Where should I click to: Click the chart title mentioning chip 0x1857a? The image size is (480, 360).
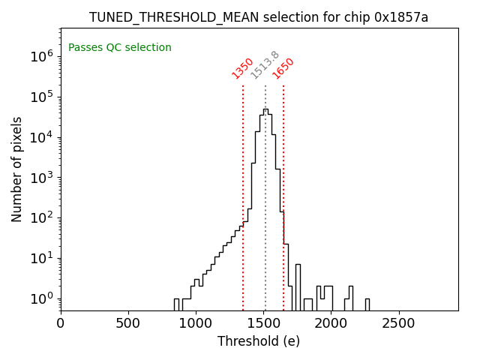click(x=259, y=17)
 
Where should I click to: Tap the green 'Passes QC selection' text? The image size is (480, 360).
click(x=120, y=48)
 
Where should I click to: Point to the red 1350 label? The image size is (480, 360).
click(x=242, y=68)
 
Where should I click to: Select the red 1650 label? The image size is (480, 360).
click(x=283, y=68)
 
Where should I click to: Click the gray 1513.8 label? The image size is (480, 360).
click(x=265, y=65)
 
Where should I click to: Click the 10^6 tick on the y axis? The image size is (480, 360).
click(x=39, y=56)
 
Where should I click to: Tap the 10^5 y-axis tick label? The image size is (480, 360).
click(x=39, y=97)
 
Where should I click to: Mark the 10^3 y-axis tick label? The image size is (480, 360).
click(x=39, y=178)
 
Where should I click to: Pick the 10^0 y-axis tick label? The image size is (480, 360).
click(x=39, y=299)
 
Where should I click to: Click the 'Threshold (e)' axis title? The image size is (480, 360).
click(x=259, y=341)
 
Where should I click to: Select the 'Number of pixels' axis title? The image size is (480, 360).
click(x=17, y=169)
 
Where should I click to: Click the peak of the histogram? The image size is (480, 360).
click(x=265, y=109)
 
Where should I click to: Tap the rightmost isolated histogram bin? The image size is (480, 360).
click(x=367, y=304)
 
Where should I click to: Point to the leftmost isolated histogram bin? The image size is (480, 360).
click(x=176, y=304)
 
